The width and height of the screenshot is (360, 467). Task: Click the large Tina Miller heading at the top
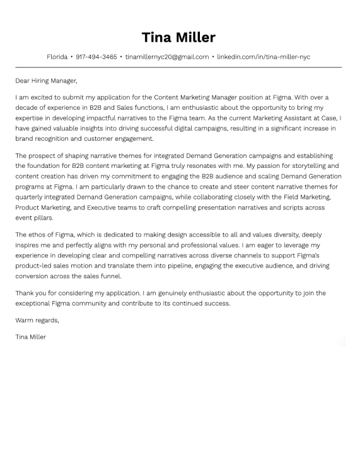tap(178, 37)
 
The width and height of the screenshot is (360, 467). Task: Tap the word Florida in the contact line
tap(57, 57)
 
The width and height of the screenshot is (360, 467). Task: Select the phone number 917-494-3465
tap(96, 57)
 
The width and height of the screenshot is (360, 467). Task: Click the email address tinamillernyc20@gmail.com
tap(167, 57)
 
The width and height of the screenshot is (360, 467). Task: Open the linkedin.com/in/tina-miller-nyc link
tap(264, 57)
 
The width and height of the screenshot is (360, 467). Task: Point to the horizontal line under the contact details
tap(178, 67)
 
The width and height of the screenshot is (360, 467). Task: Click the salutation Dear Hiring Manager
tap(46, 81)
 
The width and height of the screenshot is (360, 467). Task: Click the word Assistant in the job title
tap(277, 119)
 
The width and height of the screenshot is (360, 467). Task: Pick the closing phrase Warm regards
tap(37, 320)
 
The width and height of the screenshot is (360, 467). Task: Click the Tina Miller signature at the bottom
tap(31, 337)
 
